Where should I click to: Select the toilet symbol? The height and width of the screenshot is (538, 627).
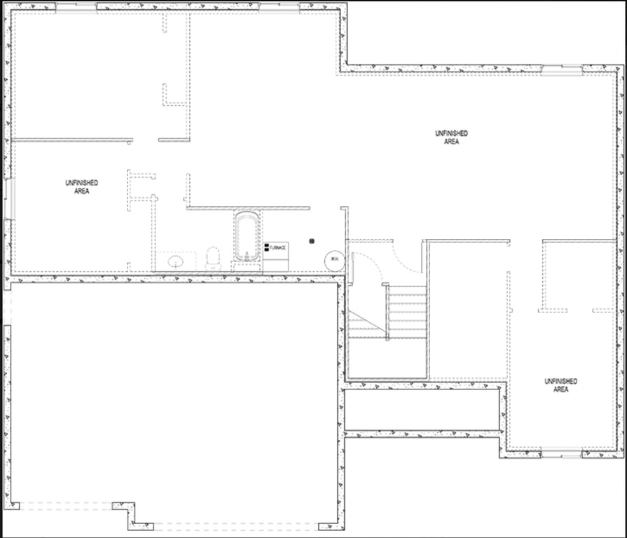click(214, 258)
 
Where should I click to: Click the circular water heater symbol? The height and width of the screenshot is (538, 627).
click(334, 260)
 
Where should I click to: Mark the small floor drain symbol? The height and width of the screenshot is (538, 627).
click(311, 241)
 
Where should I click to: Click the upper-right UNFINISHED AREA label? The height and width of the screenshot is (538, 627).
click(450, 137)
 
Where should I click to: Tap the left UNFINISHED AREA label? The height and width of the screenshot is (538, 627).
click(81, 186)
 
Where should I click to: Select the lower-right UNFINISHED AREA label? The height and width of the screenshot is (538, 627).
click(560, 385)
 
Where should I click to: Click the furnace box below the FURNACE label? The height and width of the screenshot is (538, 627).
click(276, 261)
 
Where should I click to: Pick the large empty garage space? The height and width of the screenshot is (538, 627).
click(175, 399)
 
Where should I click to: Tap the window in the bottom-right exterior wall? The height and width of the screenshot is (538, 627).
click(562, 455)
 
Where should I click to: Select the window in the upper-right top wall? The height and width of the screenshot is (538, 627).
click(561, 69)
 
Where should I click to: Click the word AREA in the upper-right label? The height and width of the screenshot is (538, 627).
click(450, 142)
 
